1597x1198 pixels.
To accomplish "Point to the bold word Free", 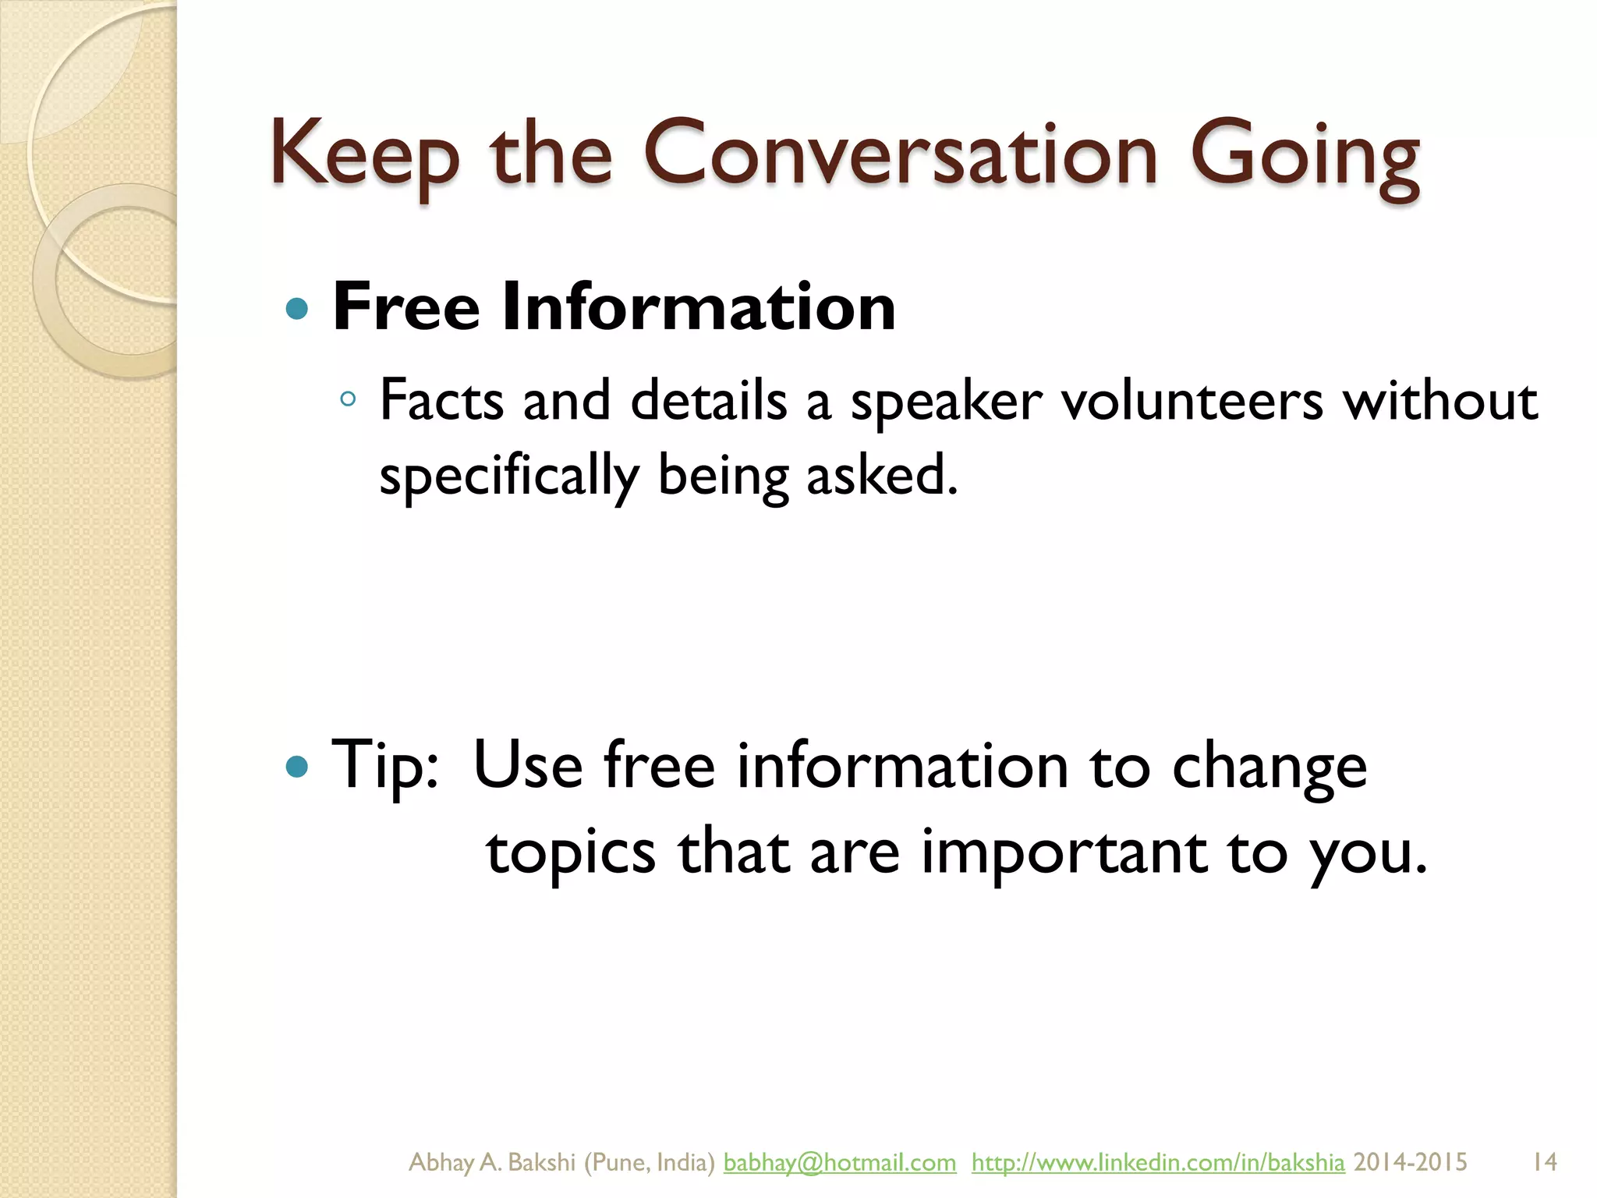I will click(405, 307).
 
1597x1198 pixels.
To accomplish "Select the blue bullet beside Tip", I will click(297, 767).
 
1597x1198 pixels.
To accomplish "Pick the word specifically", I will click(508, 476).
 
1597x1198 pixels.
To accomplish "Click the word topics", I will click(570, 852).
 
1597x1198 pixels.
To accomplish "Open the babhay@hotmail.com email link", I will click(839, 1162).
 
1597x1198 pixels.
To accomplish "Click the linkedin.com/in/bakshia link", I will click(1157, 1162).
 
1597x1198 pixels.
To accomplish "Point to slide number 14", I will click(1544, 1162).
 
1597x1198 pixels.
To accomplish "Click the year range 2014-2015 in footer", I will click(1410, 1162).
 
